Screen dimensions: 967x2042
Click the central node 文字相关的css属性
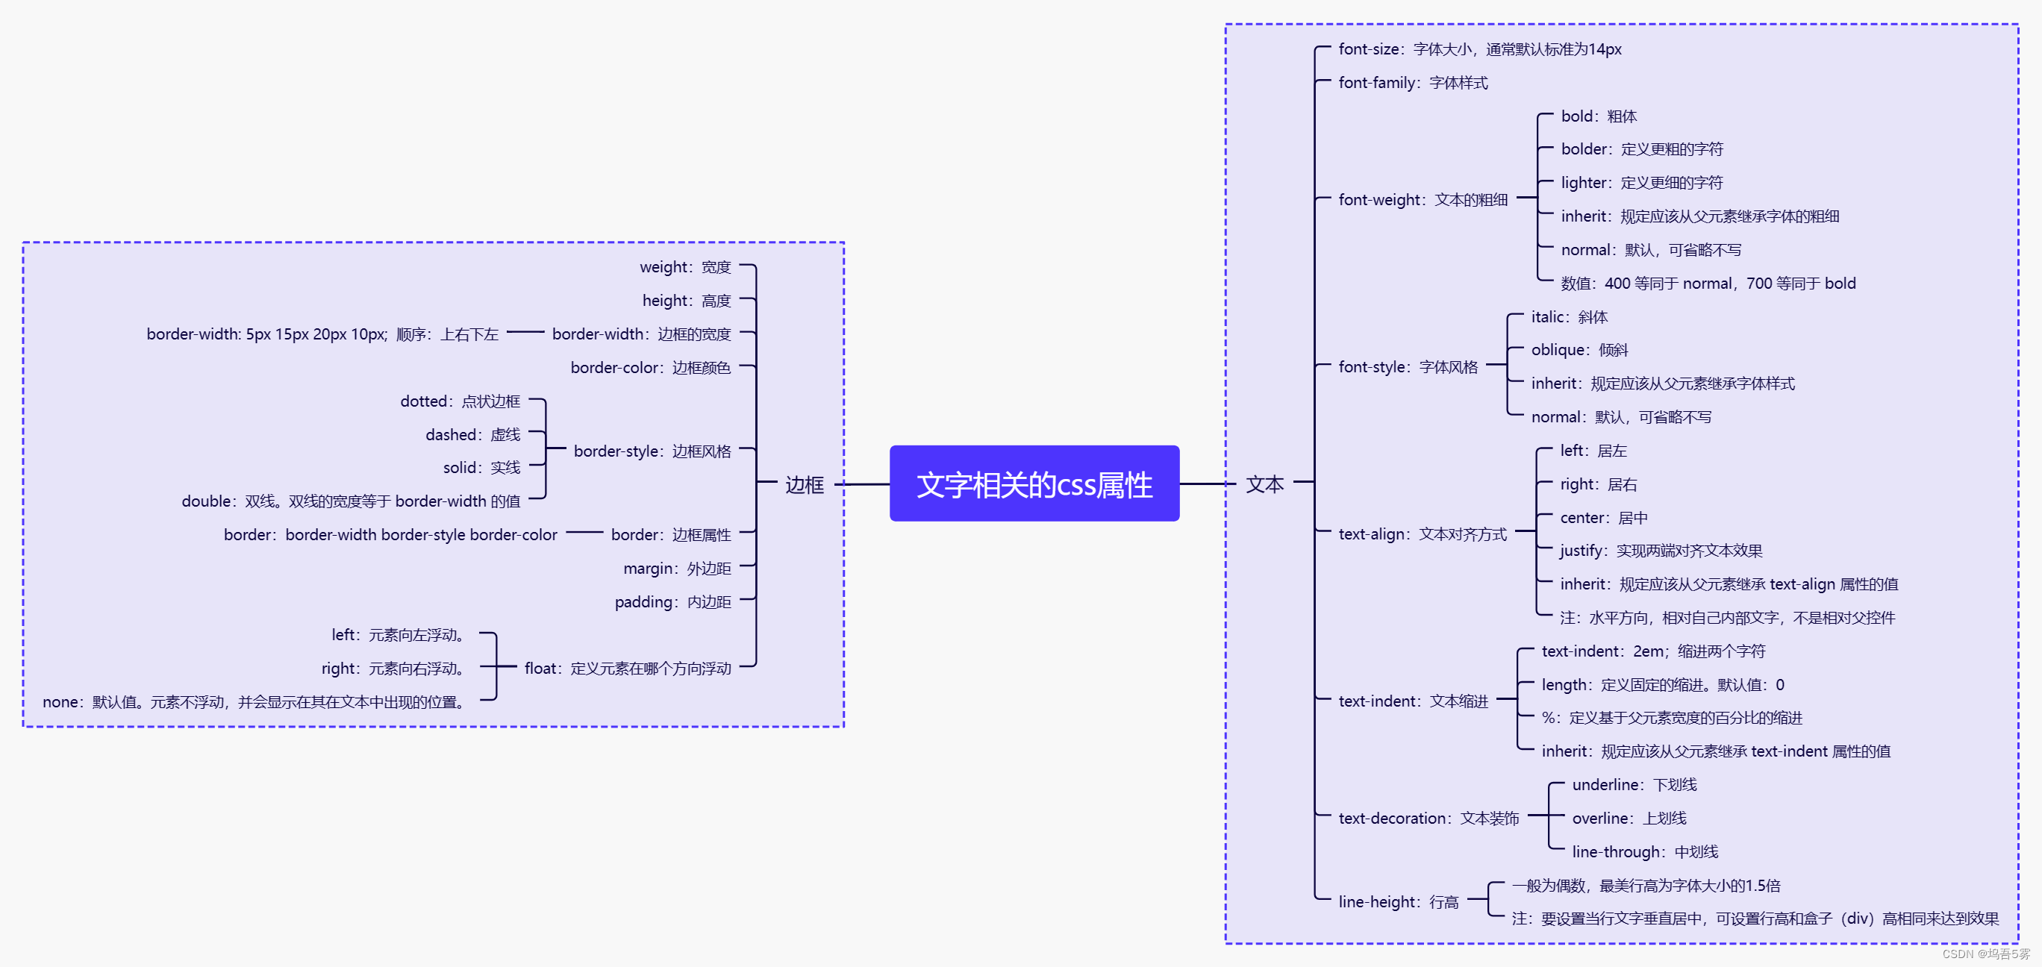[1034, 484]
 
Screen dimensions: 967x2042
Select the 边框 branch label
[804, 484]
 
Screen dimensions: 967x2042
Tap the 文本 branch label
[1264, 484]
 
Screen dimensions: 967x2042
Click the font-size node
[1479, 49]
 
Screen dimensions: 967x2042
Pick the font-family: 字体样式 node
[1413, 82]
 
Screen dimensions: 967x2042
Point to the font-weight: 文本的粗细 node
[1422, 200]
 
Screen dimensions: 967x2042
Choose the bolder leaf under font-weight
[1641, 149]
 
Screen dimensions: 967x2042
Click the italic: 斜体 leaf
[1569, 317]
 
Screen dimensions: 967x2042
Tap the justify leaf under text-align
[1660, 551]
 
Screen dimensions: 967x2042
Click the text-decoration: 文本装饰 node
[1429, 818]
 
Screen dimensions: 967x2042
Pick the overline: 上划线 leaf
[1629, 818]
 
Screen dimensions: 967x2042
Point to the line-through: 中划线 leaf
[1644, 852]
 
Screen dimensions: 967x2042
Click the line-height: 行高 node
[1399, 902]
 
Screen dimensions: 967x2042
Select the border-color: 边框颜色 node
[650, 368]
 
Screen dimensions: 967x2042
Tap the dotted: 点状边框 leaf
[460, 401]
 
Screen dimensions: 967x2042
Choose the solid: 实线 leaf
[481, 468]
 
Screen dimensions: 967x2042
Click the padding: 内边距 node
[672, 602]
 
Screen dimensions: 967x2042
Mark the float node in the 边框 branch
[627, 669]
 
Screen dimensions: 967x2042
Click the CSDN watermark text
[1986, 954]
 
